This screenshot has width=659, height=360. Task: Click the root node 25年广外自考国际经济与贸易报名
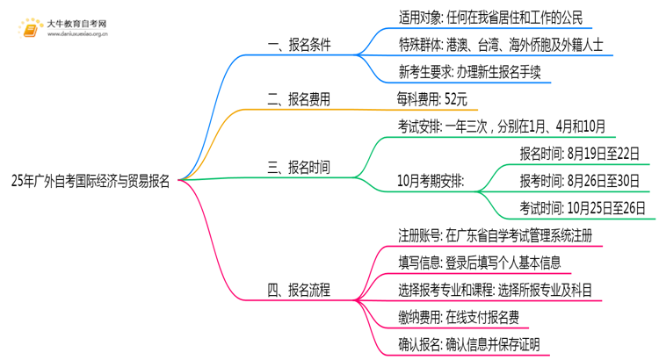(91, 182)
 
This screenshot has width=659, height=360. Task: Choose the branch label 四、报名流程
(299, 289)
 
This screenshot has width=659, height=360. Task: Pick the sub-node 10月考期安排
(431, 181)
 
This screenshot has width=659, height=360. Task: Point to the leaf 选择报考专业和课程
(495, 289)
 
